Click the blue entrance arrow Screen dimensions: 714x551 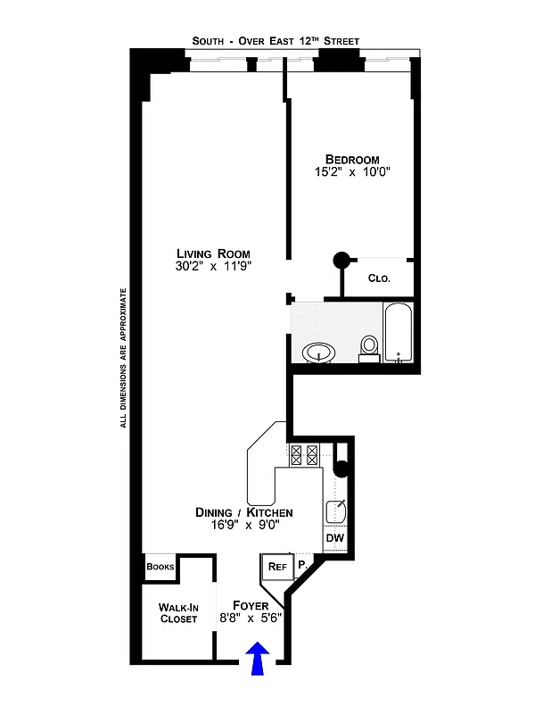(257, 661)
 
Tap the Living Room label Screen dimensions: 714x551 (213, 253)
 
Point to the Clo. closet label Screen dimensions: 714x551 (379, 278)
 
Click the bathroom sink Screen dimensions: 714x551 (319, 353)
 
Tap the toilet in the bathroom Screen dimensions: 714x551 (369, 347)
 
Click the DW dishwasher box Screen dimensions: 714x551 (334, 538)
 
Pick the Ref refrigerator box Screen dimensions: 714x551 (275, 566)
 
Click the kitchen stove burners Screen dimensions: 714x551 (302, 455)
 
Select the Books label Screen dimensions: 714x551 (160, 567)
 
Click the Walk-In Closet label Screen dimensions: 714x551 (178, 612)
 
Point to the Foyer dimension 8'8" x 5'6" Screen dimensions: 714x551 (251, 618)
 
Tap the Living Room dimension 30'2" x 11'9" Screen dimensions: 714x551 (213, 266)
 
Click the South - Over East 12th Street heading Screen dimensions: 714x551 (275, 40)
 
